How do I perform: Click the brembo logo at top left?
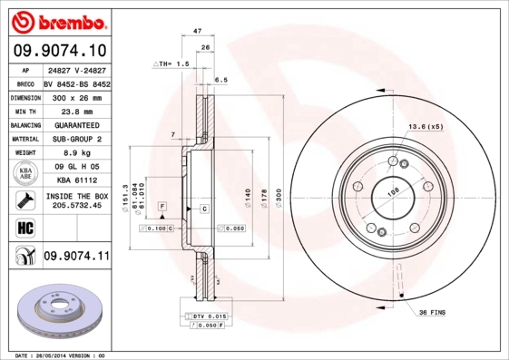coord(56,20)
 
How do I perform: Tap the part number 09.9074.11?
coord(76,257)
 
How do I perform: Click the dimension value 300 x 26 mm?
coord(75,96)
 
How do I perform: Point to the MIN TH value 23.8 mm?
coord(75,111)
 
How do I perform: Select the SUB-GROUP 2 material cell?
coord(75,140)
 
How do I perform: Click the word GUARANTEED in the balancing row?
coord(75,125)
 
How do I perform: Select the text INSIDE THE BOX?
coord(76,196)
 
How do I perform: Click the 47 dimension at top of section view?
coord(197,32)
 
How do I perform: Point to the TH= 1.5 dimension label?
coord(171,64)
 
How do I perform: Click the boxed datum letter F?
coord(162,208)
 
